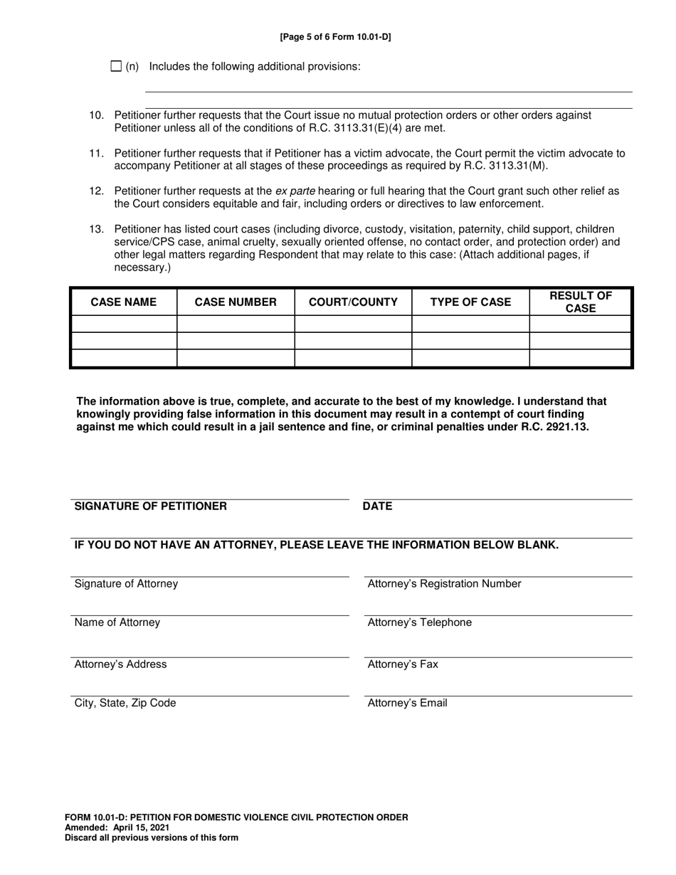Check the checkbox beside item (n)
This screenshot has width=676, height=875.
click(117, 66)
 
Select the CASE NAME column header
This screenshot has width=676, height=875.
click(124, 302)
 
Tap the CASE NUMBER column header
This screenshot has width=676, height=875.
click(236, 302)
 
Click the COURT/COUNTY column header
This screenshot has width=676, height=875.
click(353, 302)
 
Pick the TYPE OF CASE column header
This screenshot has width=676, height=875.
click(470, 302)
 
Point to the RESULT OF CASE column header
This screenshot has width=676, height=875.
click(580, 302)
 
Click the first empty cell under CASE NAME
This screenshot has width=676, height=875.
click(124, 324)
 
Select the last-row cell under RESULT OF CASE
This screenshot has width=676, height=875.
click(580, 358)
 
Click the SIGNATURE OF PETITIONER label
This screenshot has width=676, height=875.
click(151, 507)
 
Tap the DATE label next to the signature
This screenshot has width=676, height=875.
click(377, 507)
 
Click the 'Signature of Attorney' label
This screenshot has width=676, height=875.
click(126, 584)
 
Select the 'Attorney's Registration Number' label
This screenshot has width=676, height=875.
click(444, 584)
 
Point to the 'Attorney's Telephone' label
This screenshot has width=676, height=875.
click(419, 622)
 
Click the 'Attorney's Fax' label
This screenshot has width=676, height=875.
click(403, 664)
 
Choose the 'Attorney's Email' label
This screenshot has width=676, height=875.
click(407, 703)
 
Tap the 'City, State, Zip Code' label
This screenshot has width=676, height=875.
click(125, 703)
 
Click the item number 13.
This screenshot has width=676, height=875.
click(96, 230)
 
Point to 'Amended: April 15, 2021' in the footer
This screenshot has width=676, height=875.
click(117, 827)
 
